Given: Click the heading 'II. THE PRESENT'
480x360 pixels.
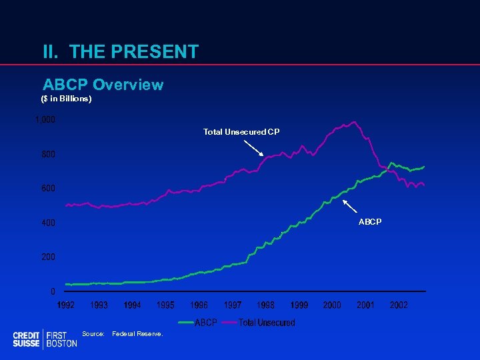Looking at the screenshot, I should (120, 51).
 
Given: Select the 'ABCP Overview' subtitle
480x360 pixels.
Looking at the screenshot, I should (103, 85).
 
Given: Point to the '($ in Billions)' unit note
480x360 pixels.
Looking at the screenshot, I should (66, 99).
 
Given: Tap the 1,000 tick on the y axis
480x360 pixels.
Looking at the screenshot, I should (45, 120).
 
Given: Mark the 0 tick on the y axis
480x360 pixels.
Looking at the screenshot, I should (53, 291).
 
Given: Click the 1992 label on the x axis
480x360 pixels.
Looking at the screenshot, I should (65, 305).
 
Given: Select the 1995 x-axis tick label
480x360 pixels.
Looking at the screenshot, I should (165, 305).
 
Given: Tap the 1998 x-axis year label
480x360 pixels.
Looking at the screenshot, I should (265, 305).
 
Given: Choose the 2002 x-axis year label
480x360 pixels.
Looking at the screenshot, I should (399, 305).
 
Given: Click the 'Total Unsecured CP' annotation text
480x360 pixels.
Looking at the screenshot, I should (241, 132).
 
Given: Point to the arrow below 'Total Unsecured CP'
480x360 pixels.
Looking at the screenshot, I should (255, 147).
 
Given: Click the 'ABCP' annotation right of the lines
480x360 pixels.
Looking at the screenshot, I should (370, 221).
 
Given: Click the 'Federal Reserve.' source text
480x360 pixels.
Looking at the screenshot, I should (138, 333).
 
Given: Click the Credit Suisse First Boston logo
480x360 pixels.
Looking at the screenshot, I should (45, 339).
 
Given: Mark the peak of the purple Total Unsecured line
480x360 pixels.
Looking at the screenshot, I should (353, 122).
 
